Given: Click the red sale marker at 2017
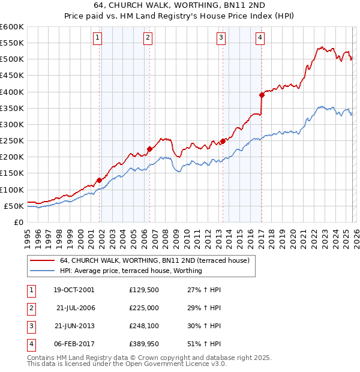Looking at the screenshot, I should click(262, 95).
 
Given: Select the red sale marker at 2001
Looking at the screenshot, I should click(99, 179).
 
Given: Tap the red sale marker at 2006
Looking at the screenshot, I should click(149, 149).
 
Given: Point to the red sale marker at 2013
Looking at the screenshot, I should click(223, 141).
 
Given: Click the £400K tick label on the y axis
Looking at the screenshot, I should click(11, 92).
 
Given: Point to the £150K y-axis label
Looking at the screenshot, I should click(11, 173).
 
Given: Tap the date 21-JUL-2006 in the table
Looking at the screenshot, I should click(76, 308).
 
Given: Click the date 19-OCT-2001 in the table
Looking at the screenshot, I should click(74, 290).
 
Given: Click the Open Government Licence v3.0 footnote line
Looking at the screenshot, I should click(127, 364).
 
